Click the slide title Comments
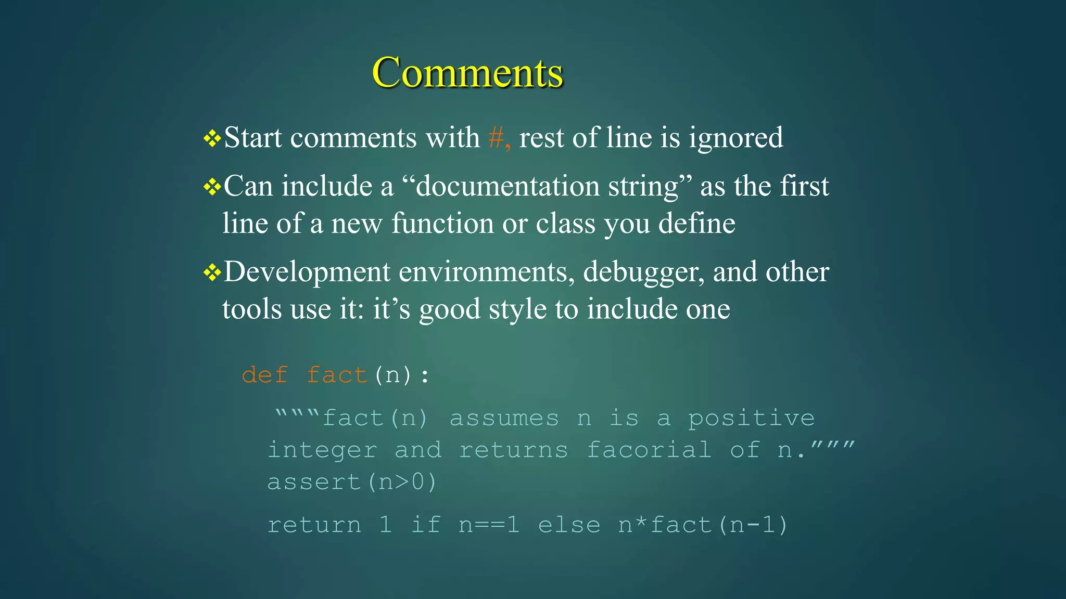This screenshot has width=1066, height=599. (x=467, y=73)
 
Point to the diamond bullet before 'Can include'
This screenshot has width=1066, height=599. (x=212, y=187)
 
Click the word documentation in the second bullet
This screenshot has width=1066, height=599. (x=507, y=186)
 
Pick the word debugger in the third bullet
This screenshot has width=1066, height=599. (x=643, y=272)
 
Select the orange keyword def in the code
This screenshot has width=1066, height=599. (x=264, y=375)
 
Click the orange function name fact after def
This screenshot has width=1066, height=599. (x=337, y=375)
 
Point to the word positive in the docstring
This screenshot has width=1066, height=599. (x=751, y=418)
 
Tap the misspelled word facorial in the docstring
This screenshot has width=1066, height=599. (x=649, y=450)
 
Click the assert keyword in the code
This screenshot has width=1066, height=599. (x=314, y=482)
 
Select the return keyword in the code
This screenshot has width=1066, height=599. (x=314, y=525)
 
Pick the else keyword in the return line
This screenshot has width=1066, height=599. (x=569, y=525)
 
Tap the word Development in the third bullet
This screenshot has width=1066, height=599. (x=307, y=272)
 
